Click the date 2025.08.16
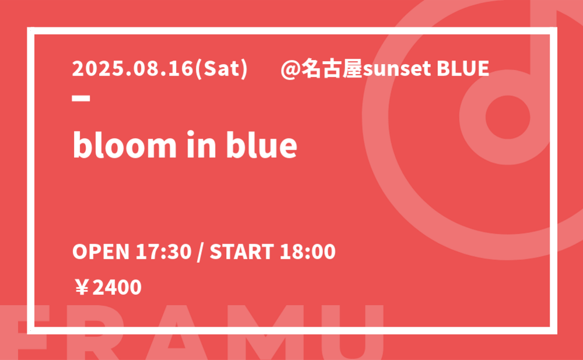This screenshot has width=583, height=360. pos(133,69)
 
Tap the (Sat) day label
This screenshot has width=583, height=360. pos(221,69)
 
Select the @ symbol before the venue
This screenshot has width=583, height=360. pos(290,69)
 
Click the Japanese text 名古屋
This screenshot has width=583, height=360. pos(332,69)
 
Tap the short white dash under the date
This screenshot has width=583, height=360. pos(81,98)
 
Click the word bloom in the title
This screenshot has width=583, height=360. pos(124,144)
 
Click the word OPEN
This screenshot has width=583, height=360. pos(101,252)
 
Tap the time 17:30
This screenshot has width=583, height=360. pos(163,252)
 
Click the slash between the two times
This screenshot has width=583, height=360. pos(201,252)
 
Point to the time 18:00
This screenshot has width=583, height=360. pos(308,252)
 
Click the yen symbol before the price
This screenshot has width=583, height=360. pos(82,287)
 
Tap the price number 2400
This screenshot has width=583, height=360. pos(117,287)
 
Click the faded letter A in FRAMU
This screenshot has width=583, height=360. pos(176,333)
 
